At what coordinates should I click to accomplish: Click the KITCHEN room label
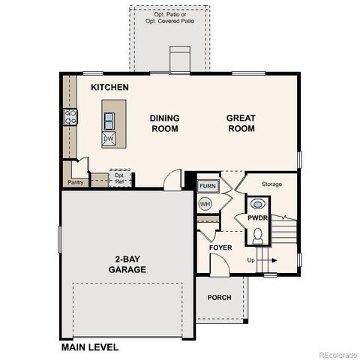[x=109, y=88]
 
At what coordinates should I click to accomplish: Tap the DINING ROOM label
[x=164, y=123]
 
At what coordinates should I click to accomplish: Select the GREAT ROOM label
[x=241, y=123]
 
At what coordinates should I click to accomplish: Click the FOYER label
[x=220, y=247]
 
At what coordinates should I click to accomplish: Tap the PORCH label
[x=220, y=298]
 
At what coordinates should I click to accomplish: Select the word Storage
[x=271, y=184]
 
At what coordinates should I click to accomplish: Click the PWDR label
[x=258, y=218]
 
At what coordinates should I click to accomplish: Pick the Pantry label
[x=75, y=182]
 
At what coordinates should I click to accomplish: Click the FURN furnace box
[x=208, y=185]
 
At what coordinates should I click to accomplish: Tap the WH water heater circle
[x=205, y=203]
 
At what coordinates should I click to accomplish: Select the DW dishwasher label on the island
[x=109, y=139]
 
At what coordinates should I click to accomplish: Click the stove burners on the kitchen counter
[x=70, y=116]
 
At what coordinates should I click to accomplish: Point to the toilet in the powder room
[x=258, y=235]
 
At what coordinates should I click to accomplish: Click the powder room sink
[x=258, y=203]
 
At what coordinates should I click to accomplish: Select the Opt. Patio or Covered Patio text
[x=169, y=19]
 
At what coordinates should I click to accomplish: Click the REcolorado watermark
[x=337, y=354]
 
